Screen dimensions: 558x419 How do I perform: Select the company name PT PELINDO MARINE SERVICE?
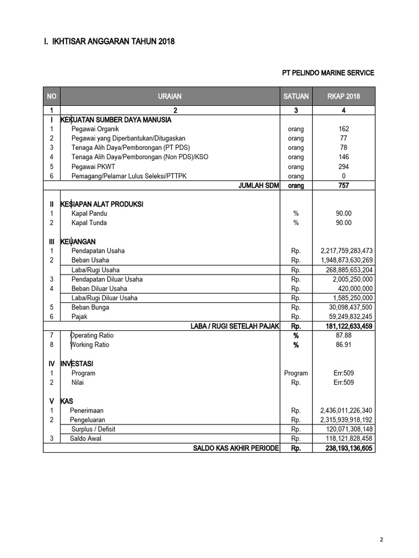point(328,73)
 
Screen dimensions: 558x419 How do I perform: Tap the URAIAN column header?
point(170,96)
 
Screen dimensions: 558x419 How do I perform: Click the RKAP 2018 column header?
point(343,96)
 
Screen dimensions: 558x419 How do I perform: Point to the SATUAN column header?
point(296,96)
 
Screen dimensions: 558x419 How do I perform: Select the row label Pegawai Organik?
point(95,129)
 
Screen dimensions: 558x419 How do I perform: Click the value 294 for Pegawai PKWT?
point(343,167)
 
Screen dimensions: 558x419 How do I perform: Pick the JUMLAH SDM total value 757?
point(343,186)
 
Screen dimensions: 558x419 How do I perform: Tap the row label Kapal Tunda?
point(89,223)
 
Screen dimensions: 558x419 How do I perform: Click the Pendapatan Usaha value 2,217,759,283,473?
point(346,251)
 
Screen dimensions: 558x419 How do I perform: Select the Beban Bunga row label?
point(91,307)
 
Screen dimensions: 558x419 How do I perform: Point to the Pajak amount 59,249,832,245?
point(346,317)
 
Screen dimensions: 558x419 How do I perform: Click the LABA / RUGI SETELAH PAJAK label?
point(235,326)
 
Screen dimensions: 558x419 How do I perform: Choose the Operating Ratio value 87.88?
point(344,336)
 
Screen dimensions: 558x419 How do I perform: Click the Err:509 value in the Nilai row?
point(344,383)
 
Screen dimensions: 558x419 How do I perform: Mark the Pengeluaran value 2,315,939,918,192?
point(346,420)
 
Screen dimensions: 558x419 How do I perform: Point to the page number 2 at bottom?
point(382,540)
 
